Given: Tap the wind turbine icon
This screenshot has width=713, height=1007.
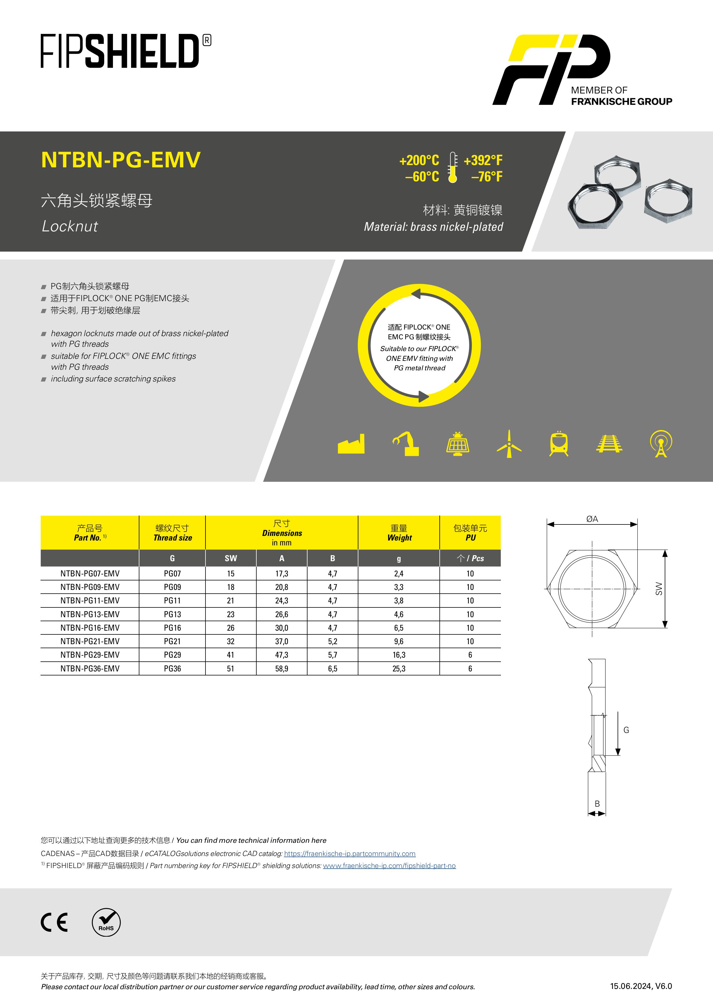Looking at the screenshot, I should (509, 444).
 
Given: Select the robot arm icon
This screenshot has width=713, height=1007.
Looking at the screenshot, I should (406, 444).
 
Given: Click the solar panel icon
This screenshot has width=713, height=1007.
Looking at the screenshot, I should (458, 444).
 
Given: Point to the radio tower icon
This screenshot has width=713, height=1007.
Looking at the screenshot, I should (661, 444).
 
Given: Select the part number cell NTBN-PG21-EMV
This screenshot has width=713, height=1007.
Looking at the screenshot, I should (90, 641).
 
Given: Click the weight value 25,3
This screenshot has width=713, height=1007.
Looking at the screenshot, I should (399, 668).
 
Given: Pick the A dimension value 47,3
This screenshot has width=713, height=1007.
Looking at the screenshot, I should (281, 655).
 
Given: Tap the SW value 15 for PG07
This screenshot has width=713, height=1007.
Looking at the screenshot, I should (230, 574).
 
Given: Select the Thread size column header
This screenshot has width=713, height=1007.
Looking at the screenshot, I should (172, 533).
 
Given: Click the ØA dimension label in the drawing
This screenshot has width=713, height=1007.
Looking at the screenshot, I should (592, 519).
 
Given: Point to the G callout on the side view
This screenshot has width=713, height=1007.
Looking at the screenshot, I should (626, 730).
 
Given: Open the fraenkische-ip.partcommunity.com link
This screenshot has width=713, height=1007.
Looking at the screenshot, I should (349, 853).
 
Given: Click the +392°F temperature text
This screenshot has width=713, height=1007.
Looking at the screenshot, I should (483, 160).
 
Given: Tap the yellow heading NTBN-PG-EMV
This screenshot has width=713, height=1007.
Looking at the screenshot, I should (121, 160).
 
